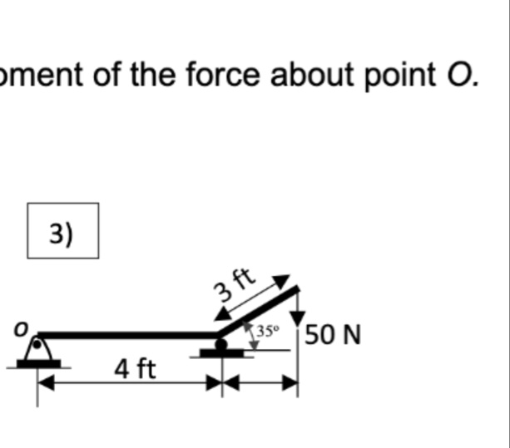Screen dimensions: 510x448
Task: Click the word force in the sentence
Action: tap(223, 74)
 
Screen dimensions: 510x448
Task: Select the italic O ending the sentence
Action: tap(459, 75)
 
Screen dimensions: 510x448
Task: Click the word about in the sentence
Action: tap(312, 74)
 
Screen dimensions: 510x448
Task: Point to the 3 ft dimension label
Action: tap(234, 284)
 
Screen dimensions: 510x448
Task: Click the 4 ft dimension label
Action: tap(136, 369)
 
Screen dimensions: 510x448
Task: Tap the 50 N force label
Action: tap(333, 335)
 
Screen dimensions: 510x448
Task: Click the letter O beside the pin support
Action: tap(21, 329)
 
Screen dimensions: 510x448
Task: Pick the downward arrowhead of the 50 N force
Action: tap(298, 318)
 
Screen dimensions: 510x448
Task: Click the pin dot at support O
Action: tap(37, 344)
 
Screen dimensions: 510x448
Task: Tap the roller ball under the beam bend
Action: tap(221, 344)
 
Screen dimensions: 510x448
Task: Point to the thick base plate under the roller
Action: tap(221, 353)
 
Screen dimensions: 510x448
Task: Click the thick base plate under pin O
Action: tap(38, 363)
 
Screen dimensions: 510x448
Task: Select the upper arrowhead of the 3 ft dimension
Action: tap(281, 280)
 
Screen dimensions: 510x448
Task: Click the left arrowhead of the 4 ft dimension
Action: tap(46, 382)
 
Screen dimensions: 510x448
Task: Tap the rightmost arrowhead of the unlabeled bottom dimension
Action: tap(290, 382)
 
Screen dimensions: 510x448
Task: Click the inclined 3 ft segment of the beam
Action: tap(259, 311)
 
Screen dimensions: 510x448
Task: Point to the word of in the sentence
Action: tap(106, 74)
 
